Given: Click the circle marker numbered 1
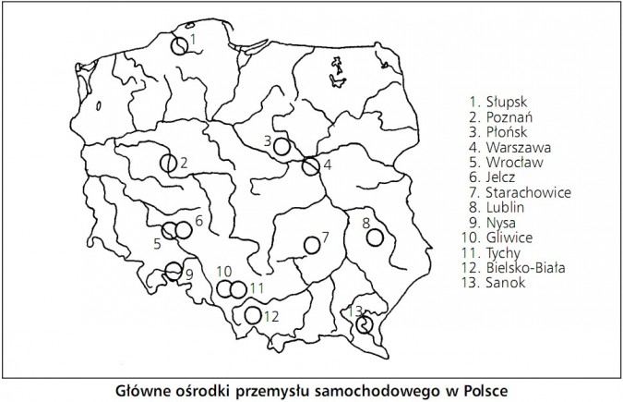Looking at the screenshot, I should [181, 43].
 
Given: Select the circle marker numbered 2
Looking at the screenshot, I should [168, 164].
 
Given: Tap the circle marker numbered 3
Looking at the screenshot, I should [282, 146].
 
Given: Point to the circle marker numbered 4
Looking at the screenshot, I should [311, 166].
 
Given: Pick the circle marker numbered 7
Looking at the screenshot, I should [313, 244].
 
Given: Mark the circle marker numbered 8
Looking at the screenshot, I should [375, 238].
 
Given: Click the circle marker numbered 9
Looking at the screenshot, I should [174, 271].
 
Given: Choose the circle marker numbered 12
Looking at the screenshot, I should [253, 315].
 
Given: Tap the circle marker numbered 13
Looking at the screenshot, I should [365, 323].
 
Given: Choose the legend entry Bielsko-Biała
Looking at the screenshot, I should [523, 268].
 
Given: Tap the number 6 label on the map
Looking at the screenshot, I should [198, 220].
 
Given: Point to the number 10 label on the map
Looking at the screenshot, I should [223, 272].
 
